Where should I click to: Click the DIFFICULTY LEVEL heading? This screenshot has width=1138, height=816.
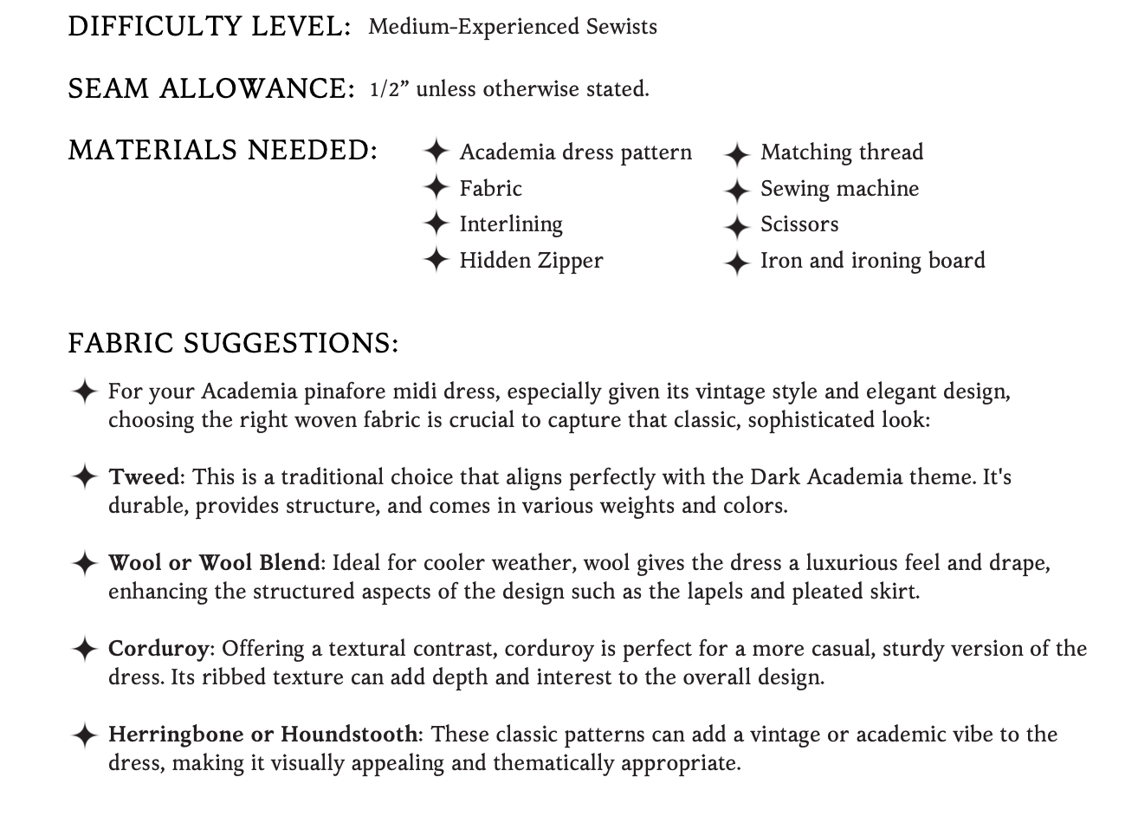[209, 27]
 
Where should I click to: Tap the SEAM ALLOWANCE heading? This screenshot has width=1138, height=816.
[211, 88]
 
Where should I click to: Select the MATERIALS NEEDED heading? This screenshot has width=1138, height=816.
[223, 151]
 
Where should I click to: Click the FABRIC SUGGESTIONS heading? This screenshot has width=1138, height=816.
[233, 343]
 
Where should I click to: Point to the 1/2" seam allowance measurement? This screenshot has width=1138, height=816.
[388, 89]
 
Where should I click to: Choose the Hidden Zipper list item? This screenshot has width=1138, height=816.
[531, 260]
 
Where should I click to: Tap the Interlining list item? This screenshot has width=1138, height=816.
[511, 223]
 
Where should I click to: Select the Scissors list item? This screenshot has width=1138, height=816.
[799, 223]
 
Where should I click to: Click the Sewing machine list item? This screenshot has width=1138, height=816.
[839, 188]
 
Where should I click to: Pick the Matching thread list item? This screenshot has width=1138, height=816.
[842, 152]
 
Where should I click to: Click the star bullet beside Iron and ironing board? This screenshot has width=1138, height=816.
[736, 262]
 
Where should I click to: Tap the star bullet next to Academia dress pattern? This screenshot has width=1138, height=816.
[436, 152]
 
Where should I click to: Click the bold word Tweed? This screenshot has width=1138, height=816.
[144, 477]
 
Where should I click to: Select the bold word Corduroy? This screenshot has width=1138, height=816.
[158, 649]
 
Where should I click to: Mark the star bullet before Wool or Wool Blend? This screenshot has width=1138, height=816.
[84, 563]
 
